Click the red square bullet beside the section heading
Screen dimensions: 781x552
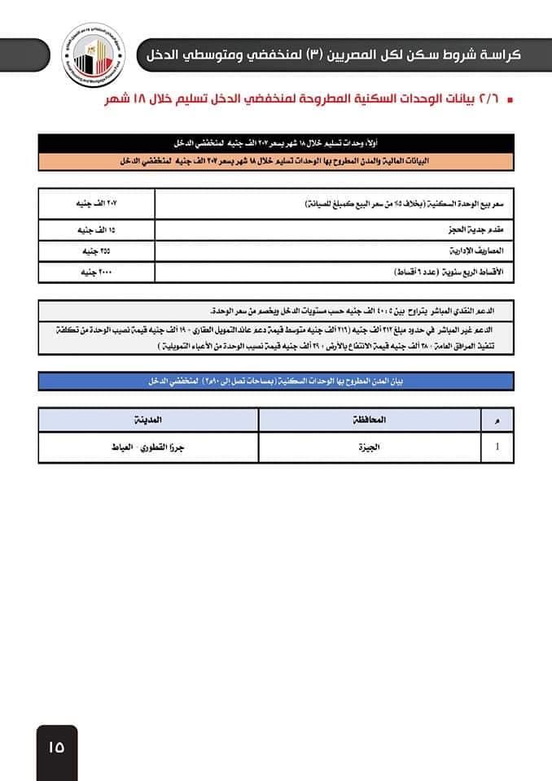(510, 102)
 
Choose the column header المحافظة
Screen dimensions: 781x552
(370, 420)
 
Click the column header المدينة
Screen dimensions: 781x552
(148, 420)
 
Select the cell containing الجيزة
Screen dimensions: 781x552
(370, 447)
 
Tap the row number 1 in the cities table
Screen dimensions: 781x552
(498, 447)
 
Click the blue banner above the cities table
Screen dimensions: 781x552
(276, 381)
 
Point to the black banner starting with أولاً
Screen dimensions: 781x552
(276, 142)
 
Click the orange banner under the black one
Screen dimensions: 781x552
(276, 161)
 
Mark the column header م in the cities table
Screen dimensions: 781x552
(498, 420)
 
